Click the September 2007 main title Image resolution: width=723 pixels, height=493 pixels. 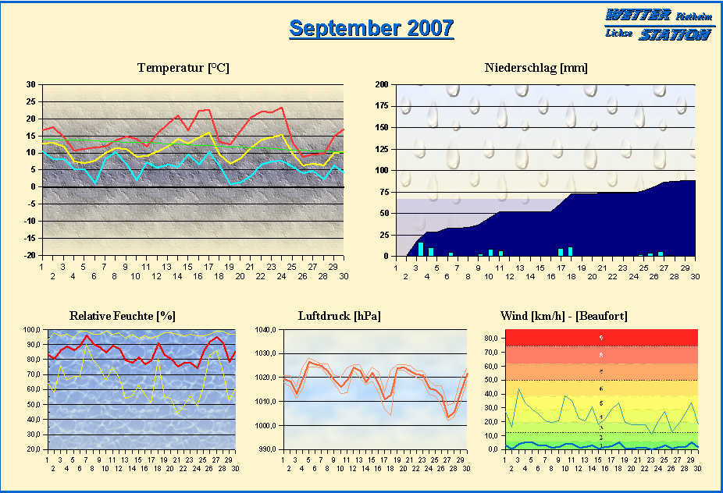(371, 28)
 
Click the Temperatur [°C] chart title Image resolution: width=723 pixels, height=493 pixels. (183, 68)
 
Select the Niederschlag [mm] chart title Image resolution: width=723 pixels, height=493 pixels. (536, 68)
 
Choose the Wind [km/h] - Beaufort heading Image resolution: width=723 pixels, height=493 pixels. (564, 316)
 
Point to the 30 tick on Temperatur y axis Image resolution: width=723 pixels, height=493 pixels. (30, 84)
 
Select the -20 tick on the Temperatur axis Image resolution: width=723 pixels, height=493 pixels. (29, 256)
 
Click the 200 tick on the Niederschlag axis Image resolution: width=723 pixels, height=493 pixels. (382, 84)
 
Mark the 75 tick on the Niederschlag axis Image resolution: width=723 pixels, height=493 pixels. (384, 192)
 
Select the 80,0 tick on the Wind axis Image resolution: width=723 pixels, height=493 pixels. (491, 338)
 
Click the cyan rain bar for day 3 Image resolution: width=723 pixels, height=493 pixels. (421, 249)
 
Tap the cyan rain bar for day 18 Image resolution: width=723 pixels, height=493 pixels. (570, 251)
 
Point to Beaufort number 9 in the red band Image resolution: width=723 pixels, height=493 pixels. (600, 338)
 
